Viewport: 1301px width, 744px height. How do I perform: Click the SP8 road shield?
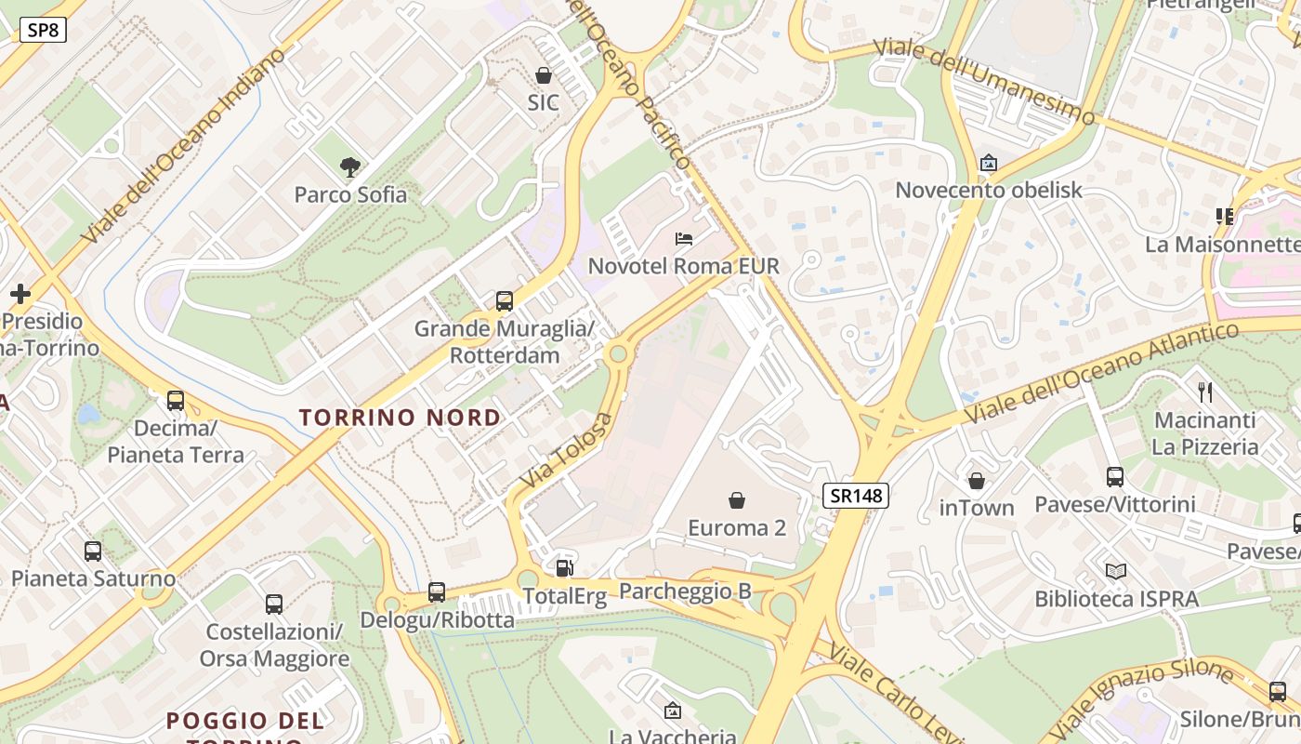click(x=43, y=30)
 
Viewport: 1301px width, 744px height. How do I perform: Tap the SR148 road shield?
click(x=856, y=495)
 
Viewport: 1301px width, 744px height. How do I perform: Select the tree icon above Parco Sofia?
click(x=350, y=167)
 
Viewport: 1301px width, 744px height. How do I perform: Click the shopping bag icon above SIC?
click(x=544, y=75)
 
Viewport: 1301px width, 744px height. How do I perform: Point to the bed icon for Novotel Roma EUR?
click(x=684, y=239)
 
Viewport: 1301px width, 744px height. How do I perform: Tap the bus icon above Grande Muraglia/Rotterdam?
click(x=505, y=301)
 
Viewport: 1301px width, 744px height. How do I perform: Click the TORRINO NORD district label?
click(x=400, y=418)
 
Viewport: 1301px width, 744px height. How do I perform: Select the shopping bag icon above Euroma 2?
click(x=737, y=501)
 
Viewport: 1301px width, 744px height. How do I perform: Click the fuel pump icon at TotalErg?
click(x=564, y=568)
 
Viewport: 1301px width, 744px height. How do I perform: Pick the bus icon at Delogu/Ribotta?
click(x=437, y=592)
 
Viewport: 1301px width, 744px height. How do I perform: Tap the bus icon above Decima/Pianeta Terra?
click(x=176, y=401)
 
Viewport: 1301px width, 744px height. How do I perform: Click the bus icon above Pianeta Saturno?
click(x=93, y=551)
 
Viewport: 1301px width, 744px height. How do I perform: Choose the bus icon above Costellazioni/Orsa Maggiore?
click(x=274, y=604)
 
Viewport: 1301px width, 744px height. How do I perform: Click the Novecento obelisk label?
click(x=989, y=191)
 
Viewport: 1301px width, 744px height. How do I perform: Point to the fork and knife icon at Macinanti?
click(x=1205, y=392)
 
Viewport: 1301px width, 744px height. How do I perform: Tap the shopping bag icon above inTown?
click(x=977, y=481)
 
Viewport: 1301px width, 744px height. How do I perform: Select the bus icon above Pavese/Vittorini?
click(x=1115, y=477)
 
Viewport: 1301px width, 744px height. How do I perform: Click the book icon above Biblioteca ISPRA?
click(x=1116, y=571)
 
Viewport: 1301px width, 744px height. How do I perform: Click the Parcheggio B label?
click(x=685, y=591)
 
